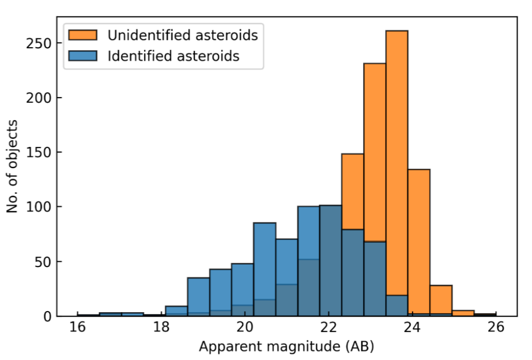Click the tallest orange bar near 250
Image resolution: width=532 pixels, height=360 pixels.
(396, 163)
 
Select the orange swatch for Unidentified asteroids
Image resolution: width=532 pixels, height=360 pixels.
(83, 35)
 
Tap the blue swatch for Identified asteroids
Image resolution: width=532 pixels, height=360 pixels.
(83, 56)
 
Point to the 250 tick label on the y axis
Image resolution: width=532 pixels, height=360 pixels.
(38, 43)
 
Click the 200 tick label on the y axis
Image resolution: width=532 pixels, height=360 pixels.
(38, 98)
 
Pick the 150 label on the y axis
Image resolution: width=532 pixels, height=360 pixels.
(38, 152)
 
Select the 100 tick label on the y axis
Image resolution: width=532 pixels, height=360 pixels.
(38, 207)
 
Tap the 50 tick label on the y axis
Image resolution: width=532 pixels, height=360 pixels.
(43, 262)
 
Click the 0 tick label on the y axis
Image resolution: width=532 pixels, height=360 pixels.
(47, 316)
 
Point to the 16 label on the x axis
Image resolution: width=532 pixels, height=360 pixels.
(77, 327)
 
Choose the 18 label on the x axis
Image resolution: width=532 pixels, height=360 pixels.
(161, 327)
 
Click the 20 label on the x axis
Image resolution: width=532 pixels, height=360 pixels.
(245, 327)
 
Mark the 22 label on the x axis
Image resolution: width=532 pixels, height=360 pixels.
(328, 327)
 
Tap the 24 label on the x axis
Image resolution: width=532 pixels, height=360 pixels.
(412, 327)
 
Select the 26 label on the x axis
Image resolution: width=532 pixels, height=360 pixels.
(496, 327)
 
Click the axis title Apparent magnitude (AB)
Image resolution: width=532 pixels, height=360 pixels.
(287, 347)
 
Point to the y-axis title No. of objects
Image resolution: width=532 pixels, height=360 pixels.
(12, 166)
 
